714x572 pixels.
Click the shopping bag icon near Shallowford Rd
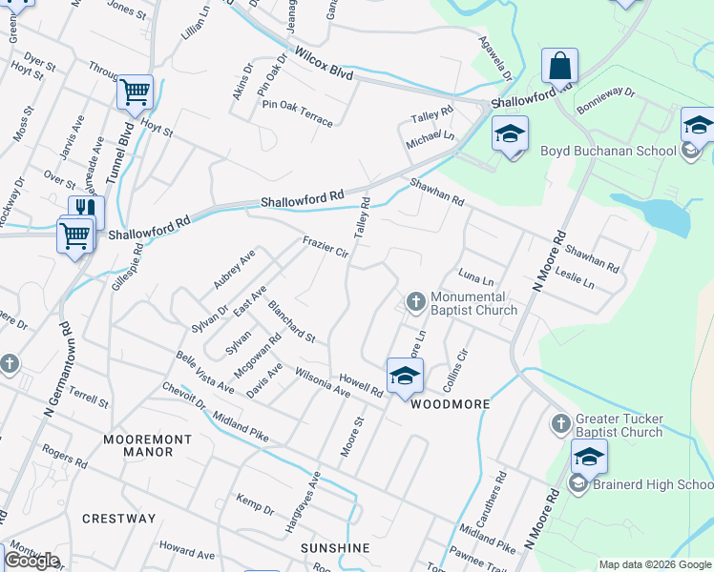[559, 67]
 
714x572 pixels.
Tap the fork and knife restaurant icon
[86, 210]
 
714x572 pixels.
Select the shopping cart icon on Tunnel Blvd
[135, 92]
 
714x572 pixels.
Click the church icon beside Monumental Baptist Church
[415, 301]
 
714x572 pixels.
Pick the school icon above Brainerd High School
[589, 457]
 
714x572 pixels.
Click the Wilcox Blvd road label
[324, 64]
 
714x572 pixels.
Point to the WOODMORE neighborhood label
[450, 404]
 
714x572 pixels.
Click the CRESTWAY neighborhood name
[118, 519]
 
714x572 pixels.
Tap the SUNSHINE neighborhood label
[335, 548]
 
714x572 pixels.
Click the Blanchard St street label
[291, 323]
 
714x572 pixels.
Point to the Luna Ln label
[475, 278]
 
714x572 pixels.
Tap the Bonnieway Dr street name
[606, 95]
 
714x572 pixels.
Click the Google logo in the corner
[31, 561]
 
